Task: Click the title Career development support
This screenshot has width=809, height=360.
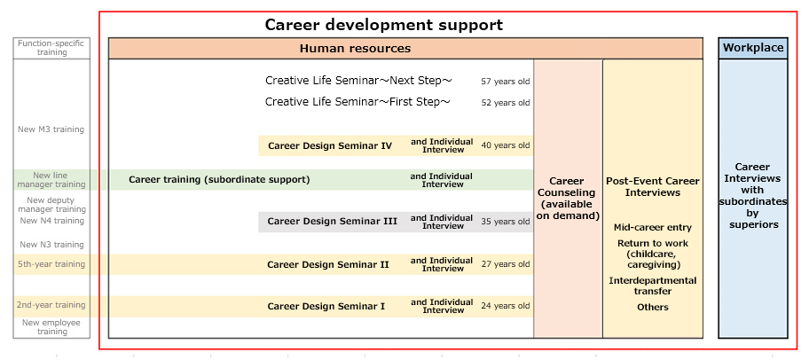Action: click(x=384, y=25)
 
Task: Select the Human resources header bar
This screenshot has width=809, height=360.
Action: click(x=405, y=49)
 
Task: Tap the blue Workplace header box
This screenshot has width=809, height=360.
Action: click(x=753, y=49)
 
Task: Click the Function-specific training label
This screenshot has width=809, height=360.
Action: click(x=51, y=48)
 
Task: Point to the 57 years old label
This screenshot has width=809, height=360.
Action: click(x=506, y=82)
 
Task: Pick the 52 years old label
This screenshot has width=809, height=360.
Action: click(x=506, y=103)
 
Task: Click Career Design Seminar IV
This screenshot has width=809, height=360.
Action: click(x=330, y=146)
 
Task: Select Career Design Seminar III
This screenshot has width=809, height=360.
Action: click(x=333, y=222)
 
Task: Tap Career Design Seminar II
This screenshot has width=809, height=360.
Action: click(x=328, y=264)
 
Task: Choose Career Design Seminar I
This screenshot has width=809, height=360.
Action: click(x=326, y=307)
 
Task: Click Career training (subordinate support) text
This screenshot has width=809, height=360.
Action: click(x=219, y=179)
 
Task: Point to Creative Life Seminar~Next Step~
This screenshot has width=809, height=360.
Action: click(x=359, y=81)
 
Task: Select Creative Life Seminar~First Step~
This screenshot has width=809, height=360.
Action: click(x=358, y=102)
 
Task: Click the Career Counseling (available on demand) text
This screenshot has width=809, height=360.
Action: click(x=568, y=199)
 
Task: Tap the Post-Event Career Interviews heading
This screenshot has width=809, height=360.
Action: click(x=653, y=187)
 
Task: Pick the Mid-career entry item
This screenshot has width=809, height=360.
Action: click(x=653, y=228)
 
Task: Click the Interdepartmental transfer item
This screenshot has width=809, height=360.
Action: click(x=653, y=286)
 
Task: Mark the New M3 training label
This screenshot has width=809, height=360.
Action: click(x=51, y=129)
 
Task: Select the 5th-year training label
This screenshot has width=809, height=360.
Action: click(x=51, y=264)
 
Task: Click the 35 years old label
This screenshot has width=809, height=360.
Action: click(x=506, y=222)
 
